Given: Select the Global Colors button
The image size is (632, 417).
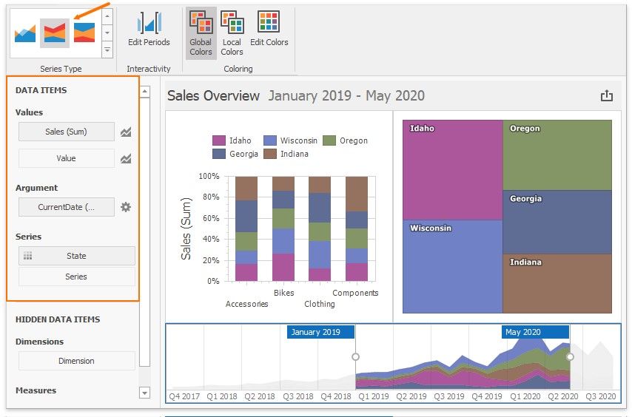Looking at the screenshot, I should point(201,33).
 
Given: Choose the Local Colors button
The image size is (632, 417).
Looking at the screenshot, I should point(232,33).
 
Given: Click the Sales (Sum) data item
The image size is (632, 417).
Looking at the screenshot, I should point(67,132).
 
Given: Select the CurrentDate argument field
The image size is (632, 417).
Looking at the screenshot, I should point(67,207).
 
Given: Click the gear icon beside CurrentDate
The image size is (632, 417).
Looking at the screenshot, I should point(126,207).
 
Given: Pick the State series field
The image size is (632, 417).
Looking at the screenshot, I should point(76,256).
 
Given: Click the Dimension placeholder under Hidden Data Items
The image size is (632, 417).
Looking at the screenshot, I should point(76,361).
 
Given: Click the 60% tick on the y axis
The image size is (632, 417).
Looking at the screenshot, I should point(209,218).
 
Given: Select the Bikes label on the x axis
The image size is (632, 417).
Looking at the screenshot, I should point(283,293).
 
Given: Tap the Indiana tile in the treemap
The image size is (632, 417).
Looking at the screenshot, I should point(557,283).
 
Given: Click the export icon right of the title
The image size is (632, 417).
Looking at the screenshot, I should point(607,95).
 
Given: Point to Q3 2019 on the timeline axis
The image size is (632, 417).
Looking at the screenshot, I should point(449,396).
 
